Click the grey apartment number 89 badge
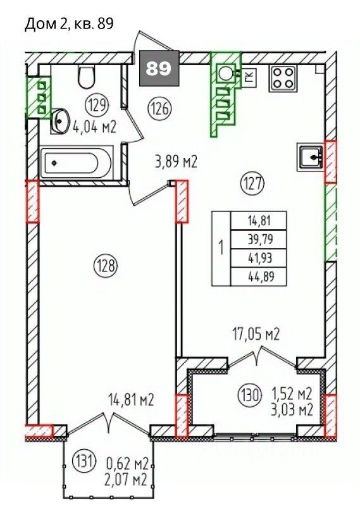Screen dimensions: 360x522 (x=159, y=69)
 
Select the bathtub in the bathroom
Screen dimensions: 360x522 (x=77, y=163)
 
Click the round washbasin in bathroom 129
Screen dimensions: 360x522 (x=60, y=120)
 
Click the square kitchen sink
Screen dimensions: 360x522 (x=311, y=157)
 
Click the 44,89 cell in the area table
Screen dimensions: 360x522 (x=261, y=277)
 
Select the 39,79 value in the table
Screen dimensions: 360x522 (x=261, y=239)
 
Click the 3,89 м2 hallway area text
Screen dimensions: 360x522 (x=177, y=162)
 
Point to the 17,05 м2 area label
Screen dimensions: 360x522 (x=256, y=334)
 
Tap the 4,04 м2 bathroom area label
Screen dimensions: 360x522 (x=94, y=127)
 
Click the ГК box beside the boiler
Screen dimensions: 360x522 (x=249, y=78)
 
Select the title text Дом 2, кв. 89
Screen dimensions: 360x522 (x=69, y=24)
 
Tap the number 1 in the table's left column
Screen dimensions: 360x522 (x=221, y=249)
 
